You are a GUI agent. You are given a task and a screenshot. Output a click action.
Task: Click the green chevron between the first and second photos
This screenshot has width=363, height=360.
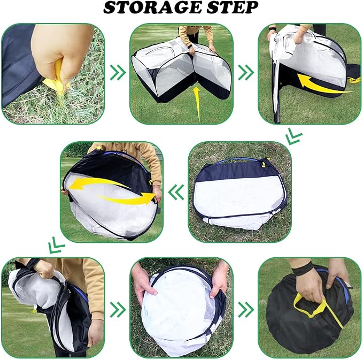pyautogui.click(x=118, y=73)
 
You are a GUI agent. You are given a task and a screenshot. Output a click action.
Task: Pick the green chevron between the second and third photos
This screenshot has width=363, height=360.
pyautogui.click(x=246, y=73)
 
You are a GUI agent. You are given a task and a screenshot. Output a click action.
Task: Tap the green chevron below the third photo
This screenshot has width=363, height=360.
pyautogui.click(x=294, y=137)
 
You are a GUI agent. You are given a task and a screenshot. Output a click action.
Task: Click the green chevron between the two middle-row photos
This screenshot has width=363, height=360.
pyautogui.click(x=176, y=192)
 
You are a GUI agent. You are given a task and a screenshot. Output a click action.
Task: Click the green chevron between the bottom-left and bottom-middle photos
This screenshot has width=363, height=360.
pyautogui.click(x=118, y=310)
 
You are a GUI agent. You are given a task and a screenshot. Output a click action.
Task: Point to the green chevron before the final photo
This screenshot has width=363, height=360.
pyautogui.click(x=246, y=310)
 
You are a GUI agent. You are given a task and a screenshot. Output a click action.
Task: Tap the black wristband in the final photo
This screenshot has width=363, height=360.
pyautogui.click(x=302, y=271)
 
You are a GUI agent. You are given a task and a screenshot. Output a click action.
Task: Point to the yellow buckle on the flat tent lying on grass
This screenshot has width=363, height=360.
pyautogui.click(x=263, y=165)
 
